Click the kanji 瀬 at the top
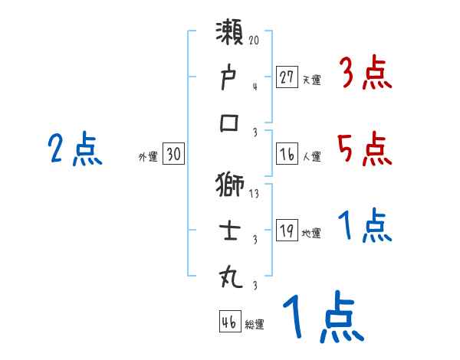click(x=230, y=34)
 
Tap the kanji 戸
click(x=230, y=79)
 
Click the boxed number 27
click(x=287, y=77)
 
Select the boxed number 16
click(x=287, y=154)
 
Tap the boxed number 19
click(x=287, y=231)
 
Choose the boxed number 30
click(x=173, y=155)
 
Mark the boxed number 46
click(x=228, y=322)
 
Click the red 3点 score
click(x=365, y=74)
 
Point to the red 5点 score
click(x=365, y=149)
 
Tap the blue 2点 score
click(x=75, y=149)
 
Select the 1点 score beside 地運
click(x=365, y=227)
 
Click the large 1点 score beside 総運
click(x=322, y=318)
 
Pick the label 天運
click(x=311, y=80)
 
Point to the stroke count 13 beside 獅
click(x=255, y=194)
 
